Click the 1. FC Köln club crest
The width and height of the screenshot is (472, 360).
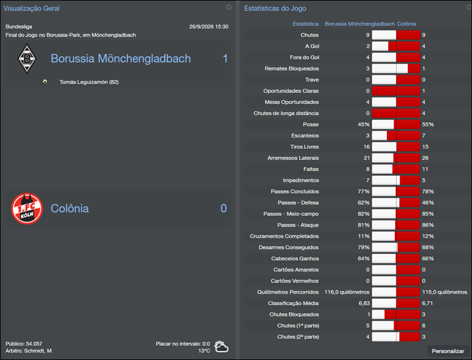(27, 208)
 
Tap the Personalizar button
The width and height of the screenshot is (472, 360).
(448, 351)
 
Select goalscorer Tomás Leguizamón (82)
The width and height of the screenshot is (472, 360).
(89, 82)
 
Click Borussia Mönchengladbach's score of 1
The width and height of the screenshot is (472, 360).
(225, 58)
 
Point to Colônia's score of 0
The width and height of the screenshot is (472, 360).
(224, 208)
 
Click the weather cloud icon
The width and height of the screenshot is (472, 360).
(222, 346)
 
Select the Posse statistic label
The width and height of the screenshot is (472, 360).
(310, 125)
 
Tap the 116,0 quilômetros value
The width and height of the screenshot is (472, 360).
(347, 292)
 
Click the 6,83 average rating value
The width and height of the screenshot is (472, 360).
(365, 303)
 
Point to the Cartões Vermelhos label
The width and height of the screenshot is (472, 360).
(294, 281)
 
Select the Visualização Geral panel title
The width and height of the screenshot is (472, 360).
(31, 9)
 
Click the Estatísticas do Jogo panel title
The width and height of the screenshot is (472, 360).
(275, 9)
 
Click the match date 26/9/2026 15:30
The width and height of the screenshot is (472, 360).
(209, 27)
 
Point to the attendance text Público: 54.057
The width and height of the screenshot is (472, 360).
(24, 343)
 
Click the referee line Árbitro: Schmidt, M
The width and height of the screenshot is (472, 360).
(28, 351)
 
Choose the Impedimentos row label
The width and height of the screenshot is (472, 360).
(301, 181)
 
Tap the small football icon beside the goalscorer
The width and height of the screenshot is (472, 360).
(45, 81)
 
